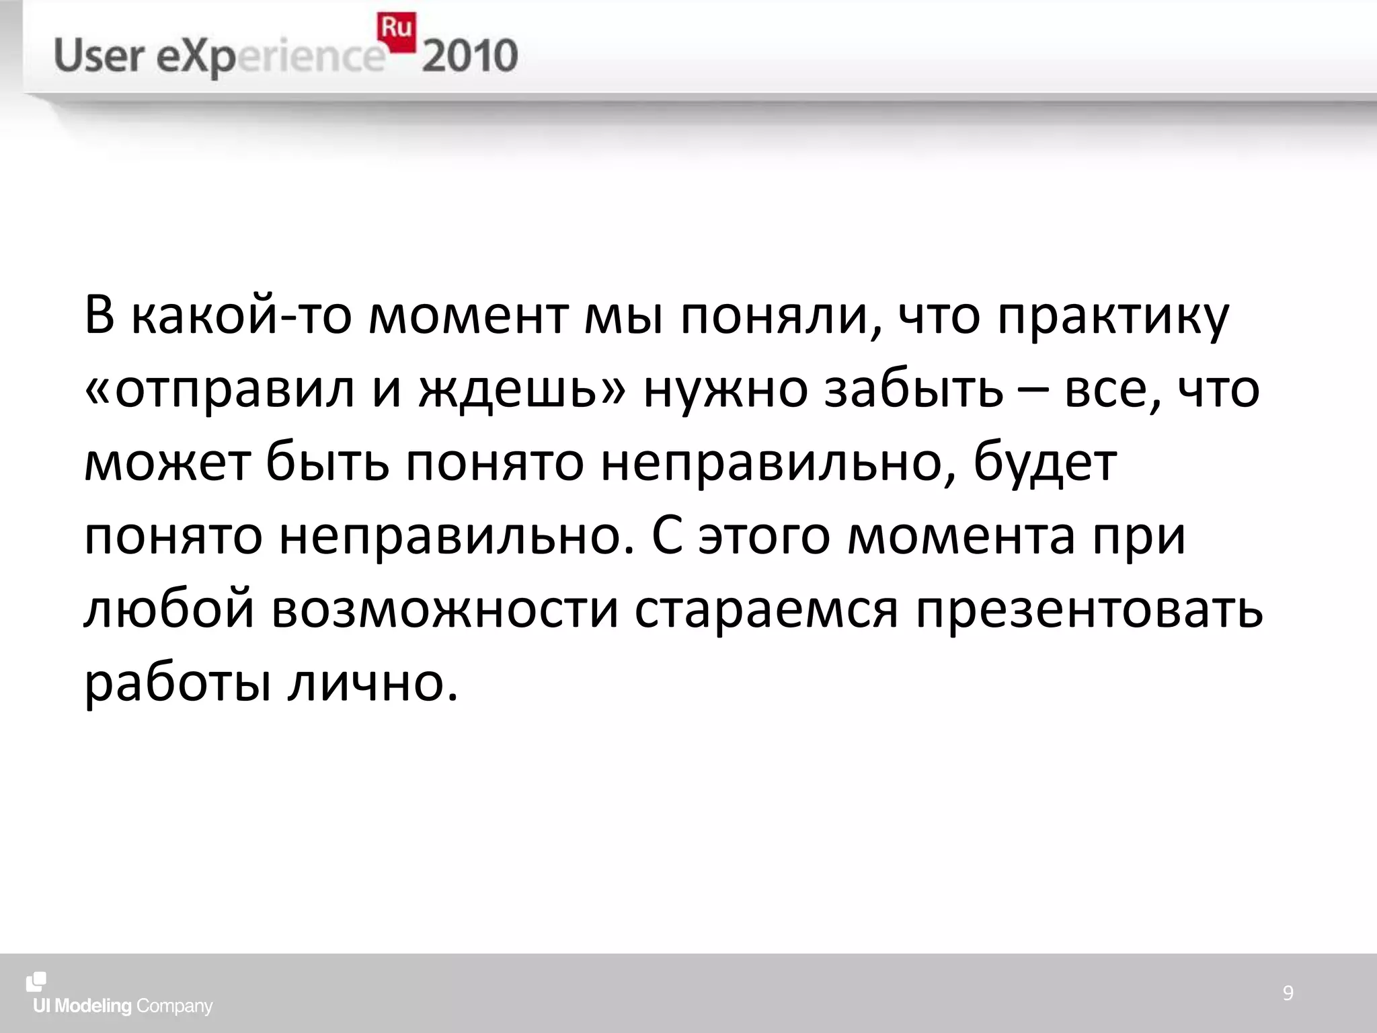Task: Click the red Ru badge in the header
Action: click(x=397, y=32)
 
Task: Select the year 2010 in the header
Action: click(x=470, y=56)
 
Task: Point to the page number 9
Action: click(x=1288, y=993)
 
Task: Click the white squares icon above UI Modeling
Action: click(x=36, y=982)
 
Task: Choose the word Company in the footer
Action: click(x=174, y=1007)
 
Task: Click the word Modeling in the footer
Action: click(x=93, y=1007)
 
